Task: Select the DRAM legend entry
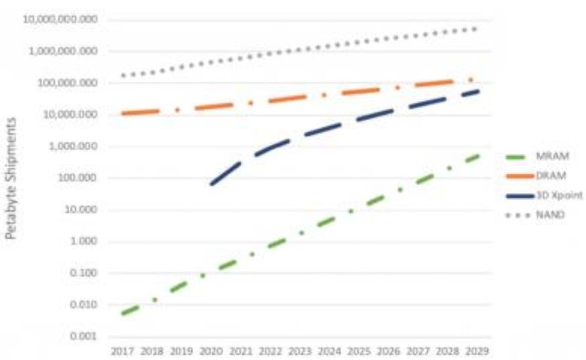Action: point(550,176)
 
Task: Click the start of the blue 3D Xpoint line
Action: point(211,183)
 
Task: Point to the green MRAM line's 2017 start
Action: point(123,313)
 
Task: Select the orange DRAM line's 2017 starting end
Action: point(123,114)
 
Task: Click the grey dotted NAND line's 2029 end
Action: point(477,29)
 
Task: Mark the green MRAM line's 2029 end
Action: point(478,155)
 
